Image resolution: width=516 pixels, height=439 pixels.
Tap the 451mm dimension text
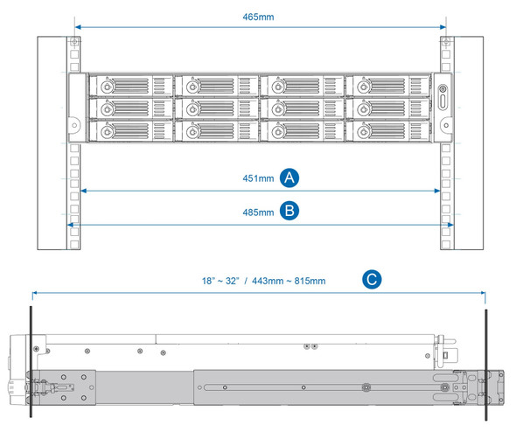coord(258,178)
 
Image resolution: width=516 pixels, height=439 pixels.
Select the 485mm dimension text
coord(258,211)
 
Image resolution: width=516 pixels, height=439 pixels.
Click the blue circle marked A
coord(290,178)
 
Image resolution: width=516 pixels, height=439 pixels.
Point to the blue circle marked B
coord(290,210)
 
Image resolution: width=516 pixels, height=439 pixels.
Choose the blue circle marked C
coord(372,280)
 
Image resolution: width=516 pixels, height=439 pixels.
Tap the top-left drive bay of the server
coord(130,87)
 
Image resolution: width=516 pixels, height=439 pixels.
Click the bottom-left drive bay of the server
coord(130,131)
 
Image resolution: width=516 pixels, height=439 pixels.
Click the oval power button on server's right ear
coord(442,99)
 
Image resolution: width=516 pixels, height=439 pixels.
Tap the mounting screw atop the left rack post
coord(75,42)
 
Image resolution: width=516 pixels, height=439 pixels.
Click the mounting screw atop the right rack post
coord(444,42)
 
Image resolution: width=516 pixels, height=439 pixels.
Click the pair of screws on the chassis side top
coord(309,346)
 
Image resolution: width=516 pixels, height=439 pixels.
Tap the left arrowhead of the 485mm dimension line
coord(70,225)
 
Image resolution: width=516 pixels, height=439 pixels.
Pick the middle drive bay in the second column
coord(215,108)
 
